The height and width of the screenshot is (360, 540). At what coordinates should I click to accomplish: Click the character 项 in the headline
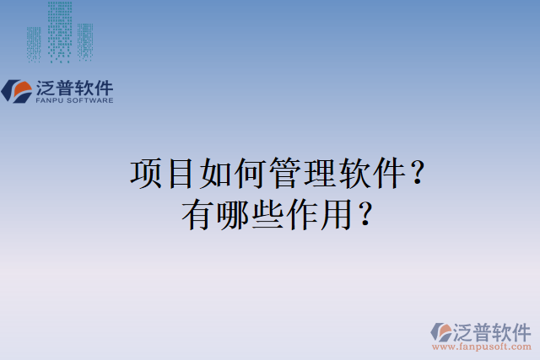click(146, 175)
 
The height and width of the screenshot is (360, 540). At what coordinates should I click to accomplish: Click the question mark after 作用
click(364, 216)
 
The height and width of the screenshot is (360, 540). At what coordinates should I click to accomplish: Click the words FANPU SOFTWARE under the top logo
click(74, 100)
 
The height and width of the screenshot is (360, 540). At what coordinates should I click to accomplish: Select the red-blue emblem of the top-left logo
click(17, 90)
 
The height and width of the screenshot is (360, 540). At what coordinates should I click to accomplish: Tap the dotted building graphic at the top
click(59, 32)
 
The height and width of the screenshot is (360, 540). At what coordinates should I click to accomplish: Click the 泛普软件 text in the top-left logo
click(74, 86)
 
